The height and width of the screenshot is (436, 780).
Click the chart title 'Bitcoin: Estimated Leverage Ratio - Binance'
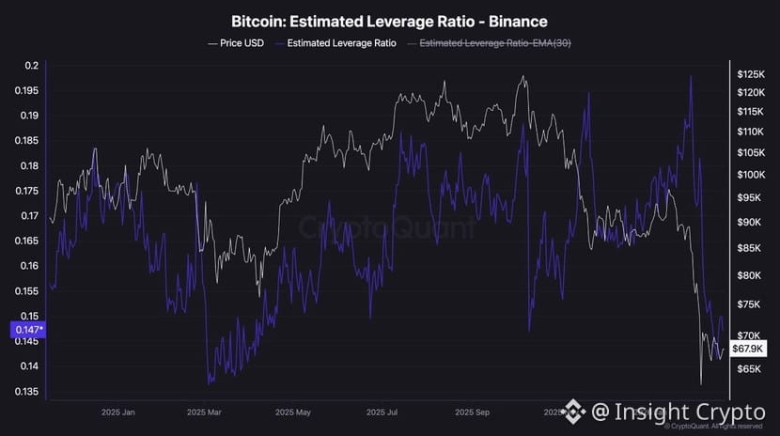click(389, 21)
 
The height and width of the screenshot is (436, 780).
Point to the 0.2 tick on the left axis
click(32, 66)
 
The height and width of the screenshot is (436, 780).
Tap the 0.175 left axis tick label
click(26, 191)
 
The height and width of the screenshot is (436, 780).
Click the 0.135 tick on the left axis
click(26, 391)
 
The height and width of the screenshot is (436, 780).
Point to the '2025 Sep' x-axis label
click(470, 412)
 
